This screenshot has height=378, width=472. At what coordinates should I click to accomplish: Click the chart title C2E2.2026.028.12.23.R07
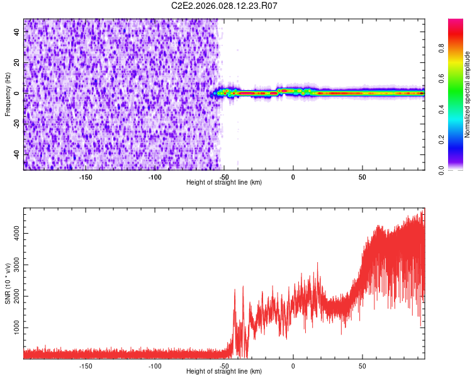click(225, 6)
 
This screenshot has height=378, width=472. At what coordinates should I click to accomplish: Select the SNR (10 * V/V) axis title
click(8, 283)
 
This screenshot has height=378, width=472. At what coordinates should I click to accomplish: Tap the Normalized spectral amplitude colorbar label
click(468, 95)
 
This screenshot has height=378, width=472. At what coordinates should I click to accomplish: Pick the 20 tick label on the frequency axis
click(17, 62)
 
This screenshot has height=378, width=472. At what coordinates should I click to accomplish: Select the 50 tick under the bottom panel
click(362, 365)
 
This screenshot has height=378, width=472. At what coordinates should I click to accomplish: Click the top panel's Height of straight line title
click(224, 183)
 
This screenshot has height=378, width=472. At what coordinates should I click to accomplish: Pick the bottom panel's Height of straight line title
click(224, 372)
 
